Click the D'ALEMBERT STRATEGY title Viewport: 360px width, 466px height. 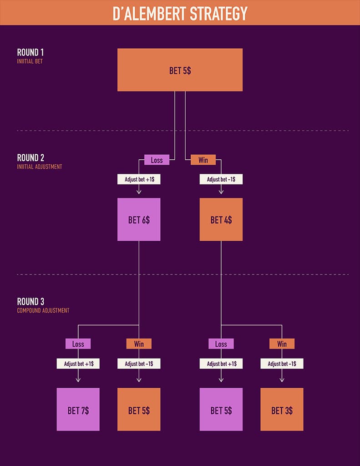(180, 13)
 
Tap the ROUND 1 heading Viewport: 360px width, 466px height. (30, 52)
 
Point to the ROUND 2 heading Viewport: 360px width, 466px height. (30, 158)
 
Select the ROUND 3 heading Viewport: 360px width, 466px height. (30, 302)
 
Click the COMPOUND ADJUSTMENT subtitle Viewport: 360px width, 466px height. (43, 311)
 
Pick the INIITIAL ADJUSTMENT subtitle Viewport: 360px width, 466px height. (40, 167)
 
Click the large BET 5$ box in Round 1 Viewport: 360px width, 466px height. (180, 70)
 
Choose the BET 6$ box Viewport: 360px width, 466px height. (139, 220)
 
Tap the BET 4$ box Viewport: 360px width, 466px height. (221, 220)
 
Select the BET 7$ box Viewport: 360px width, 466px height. (78, 410)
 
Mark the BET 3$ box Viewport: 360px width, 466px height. (282, 410)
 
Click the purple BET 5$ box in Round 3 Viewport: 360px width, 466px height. (221, 410)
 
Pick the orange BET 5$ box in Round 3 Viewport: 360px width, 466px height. (139, 410)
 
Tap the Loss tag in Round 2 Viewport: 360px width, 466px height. (157, 160)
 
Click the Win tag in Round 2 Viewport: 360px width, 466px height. (203, 160)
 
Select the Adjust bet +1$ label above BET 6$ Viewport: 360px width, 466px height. (139, 179)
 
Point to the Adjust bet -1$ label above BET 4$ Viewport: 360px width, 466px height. (221, 179)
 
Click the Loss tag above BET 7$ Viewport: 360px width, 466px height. (78, 344)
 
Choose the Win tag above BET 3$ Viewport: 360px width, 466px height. (282, 344)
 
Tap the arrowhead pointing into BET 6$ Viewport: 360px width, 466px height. (139, 192)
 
